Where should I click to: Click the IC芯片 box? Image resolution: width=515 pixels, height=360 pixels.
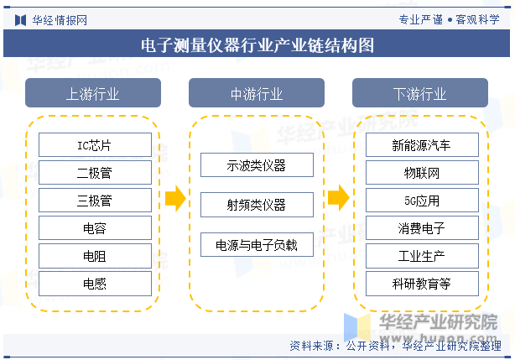95,145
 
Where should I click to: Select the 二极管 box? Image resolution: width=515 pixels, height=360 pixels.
95,172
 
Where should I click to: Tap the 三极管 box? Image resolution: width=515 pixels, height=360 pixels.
95,200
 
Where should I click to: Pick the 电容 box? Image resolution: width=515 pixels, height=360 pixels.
95,228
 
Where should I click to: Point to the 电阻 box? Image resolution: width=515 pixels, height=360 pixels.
95,256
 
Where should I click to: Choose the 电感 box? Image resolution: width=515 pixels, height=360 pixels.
95,284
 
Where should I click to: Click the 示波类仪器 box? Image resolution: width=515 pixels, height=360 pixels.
257,164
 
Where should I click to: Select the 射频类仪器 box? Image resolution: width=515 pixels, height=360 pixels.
257,205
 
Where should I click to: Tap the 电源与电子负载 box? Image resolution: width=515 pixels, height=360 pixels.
257,244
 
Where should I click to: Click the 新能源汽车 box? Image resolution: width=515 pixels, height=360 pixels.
422,145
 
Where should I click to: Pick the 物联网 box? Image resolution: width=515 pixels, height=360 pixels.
422,172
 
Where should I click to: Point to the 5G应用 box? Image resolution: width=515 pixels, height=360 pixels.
422,200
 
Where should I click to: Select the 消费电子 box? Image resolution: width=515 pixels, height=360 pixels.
422,228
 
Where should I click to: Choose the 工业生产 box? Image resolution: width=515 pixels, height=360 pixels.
422,256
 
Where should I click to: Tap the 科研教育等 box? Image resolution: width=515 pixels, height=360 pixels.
422,284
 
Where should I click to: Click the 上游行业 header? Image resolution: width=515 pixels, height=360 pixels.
93,92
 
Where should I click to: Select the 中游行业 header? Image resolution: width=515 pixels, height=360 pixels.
257,92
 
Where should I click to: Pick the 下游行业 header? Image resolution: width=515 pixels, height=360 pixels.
420,92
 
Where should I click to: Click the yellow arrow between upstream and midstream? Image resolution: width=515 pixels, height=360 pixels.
175,198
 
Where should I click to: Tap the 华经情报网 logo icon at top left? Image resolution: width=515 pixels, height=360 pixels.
20,20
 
